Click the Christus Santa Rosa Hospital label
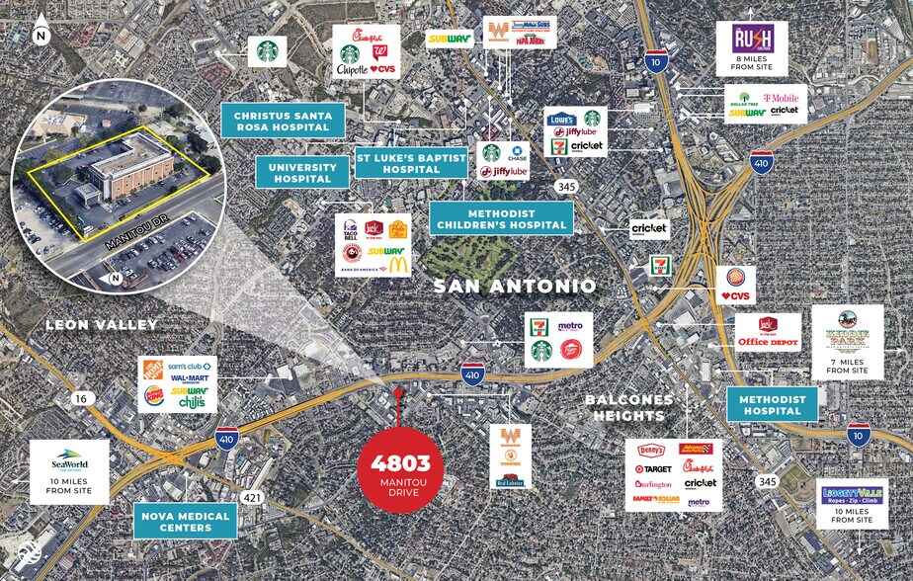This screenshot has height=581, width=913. [x=283, y=121]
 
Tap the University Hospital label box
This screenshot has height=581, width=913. [x=302, y=172]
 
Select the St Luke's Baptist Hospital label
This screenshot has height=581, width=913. [x=411, y=161]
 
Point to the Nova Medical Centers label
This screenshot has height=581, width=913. [x=186, y=521]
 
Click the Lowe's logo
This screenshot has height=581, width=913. [x=562, y=119]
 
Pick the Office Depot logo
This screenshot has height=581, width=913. [x=767, y=342]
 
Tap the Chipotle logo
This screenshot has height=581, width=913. [x=352, y=71]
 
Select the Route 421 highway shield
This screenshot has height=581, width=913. [x=254, y=497]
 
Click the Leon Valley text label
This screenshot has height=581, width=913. [x=89, y=324]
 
